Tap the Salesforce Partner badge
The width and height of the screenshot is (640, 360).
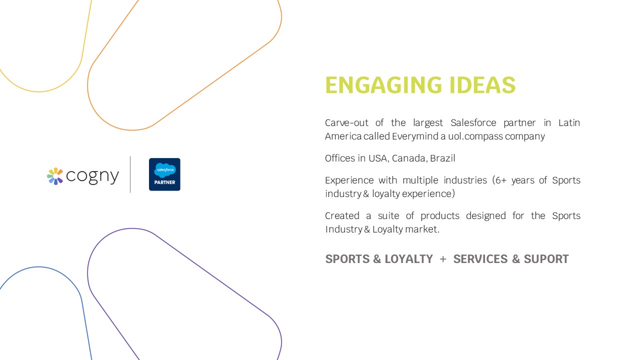click(164, 174)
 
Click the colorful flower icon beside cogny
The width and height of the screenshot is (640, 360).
click(55, 176)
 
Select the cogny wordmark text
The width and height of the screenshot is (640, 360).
click(92, 176)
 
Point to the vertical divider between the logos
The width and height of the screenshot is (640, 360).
click(130, 174)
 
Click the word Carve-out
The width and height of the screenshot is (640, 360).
click(348, 123)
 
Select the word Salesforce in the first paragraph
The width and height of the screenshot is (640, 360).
click(473, 123)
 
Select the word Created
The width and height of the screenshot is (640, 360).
click(342, 216)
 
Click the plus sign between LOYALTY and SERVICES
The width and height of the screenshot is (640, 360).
click(443, 259)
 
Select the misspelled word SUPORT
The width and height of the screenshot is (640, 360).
click(546, 259)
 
